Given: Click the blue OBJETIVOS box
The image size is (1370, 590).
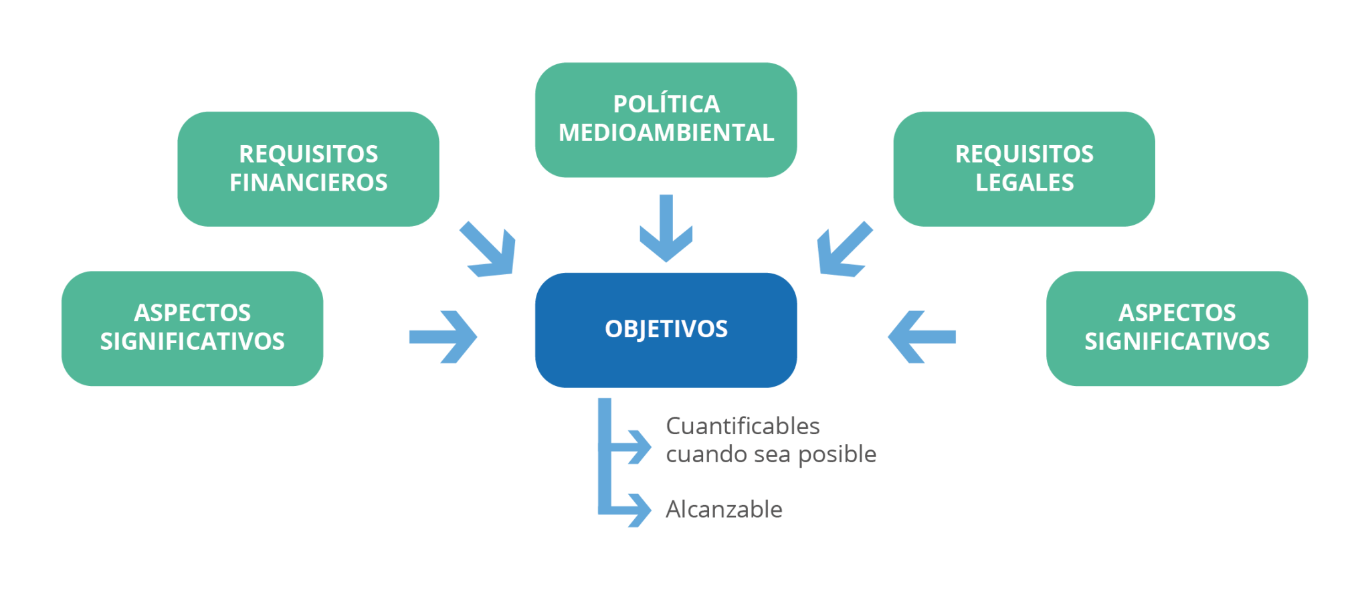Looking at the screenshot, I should click(666, 330).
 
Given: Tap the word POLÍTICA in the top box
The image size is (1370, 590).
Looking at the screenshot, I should click(666, 104).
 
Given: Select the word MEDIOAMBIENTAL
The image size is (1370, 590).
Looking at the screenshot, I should click(666, 133).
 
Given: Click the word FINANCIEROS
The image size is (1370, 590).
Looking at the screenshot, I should click(308, 183).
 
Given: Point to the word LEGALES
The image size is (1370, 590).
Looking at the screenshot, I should click(1024, 183).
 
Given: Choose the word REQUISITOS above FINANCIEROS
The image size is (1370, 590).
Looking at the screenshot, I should click(308, 154).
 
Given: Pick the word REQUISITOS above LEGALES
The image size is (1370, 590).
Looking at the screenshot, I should click(1024, 154).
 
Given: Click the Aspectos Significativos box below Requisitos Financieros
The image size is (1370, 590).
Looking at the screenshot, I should click(193, 328).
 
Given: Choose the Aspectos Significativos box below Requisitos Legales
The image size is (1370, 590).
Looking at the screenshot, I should click(1177, 328).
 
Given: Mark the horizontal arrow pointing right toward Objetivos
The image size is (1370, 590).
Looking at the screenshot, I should click(444, 336).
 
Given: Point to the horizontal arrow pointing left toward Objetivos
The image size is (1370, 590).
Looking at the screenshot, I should click(921, 336).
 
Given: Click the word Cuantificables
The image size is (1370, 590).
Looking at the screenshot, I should click(743, 426).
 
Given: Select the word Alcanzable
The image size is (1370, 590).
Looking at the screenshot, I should click(724, 510).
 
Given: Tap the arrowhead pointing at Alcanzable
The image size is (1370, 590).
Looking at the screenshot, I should click(639, 510).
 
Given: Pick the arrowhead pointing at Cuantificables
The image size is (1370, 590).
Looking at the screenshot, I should click(639, 447).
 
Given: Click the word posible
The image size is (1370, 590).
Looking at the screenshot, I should click(837, 455).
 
